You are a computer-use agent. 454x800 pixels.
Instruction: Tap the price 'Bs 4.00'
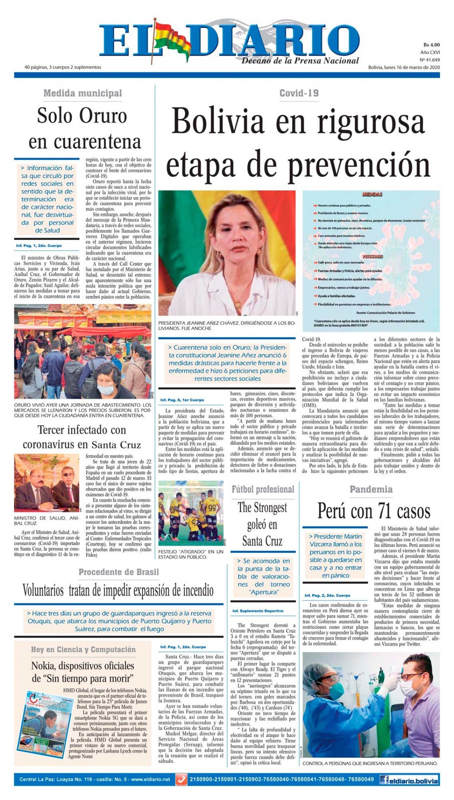(431, 45)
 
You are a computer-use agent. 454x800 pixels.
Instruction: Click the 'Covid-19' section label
(299, 93)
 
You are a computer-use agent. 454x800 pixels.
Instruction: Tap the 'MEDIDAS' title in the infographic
(372, 195)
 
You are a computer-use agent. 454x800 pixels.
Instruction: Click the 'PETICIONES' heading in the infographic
(373, 256)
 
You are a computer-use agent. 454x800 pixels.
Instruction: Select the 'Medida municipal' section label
(82, 93)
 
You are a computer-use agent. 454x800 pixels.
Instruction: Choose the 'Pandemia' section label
(371, 489)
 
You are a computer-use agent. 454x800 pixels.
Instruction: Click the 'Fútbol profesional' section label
(263, 489)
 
